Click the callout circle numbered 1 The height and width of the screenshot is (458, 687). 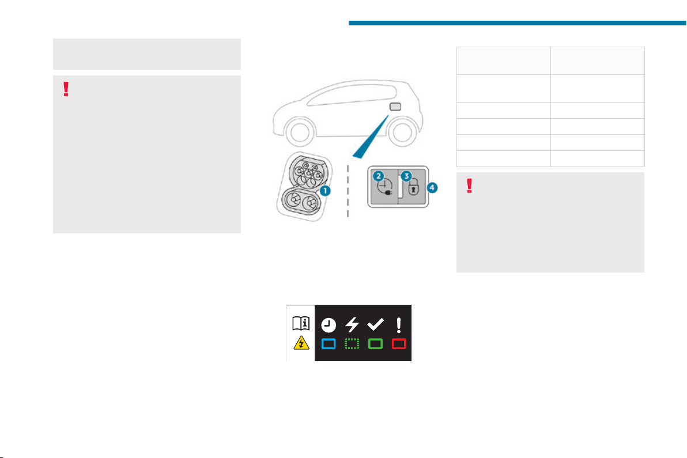pyautogui.click(x=325, y=191)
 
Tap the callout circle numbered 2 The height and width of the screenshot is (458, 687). pyautogui.click(x=378, y=176)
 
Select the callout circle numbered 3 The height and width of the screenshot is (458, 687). pyautogui.click(x=406, y=176)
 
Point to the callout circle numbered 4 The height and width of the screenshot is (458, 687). pyautogui.click(x=432, y=187)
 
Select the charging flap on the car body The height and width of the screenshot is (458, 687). pyautogui.click(x=395, y=107)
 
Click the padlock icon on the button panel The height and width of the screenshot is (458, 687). pyautogui.click(x=413, y=187)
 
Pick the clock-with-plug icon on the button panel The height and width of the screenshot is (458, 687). pyautogui.click(x=385, y=187)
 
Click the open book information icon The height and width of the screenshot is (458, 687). pyautogui.click(x=301, y=324)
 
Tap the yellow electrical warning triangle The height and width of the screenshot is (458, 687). pyautogui.click(x=301, y=343)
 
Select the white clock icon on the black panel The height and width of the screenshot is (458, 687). pyautogui.click(x=329, y=325)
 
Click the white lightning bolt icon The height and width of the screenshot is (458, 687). pyautogui.click(x=352, y=324)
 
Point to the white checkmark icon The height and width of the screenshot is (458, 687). pyautogui.click(x=375, y=324)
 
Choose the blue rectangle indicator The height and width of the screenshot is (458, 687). pyautogui.click(x=329, y=344)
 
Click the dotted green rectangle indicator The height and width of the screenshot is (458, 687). pyautogui.click(x=352, y=344)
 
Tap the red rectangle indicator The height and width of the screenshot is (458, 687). pyautogui.click(x=399, y=344)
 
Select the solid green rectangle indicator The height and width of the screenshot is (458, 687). pyautogui.click(x=375, y=344)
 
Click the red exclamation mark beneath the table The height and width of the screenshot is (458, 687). pyautogui.click(x=469, y=186)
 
